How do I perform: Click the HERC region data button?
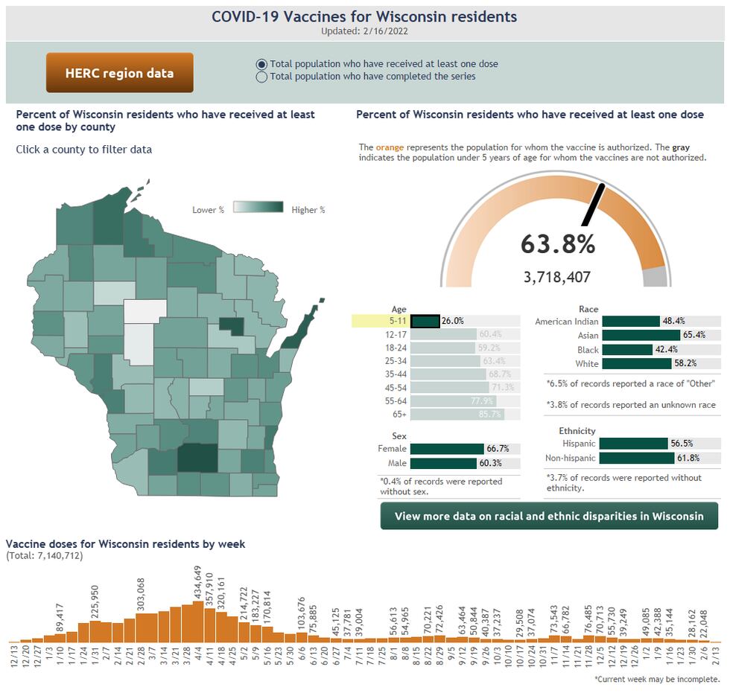click(x=119, y=73)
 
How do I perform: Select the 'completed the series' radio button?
click(x=261, y=77)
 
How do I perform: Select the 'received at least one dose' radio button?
click(x=261, y=64)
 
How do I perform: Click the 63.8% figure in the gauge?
click(x=557, y=244)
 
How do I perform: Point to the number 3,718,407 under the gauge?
click(x=557, y=278)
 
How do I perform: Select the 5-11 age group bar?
click(x=425, y=321)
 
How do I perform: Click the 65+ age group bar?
click(x=457, y=414)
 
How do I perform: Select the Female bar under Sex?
click(x=447, y=449)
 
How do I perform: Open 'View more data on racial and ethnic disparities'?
click(x=549, y=516)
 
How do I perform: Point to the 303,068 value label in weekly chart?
click(x=141, y=594)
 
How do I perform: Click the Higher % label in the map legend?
click(x=308, y=210)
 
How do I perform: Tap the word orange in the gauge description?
click(x=390, y=148)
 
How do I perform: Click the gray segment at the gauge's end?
click(x=654, y=278)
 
